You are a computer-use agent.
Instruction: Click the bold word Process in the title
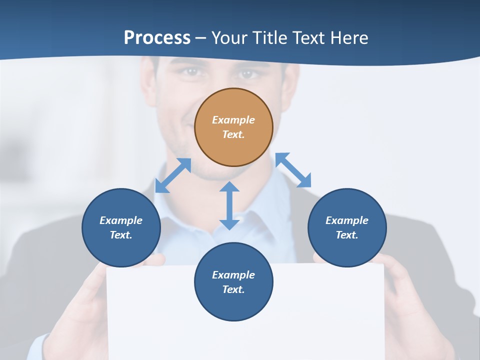[157, 37]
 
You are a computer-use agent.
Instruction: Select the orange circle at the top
[233, 127]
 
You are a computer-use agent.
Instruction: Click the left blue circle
[121, 227]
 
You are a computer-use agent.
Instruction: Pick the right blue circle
[347, 227]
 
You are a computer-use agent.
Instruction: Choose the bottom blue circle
[233, 282]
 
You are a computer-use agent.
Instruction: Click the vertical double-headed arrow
[229, 205]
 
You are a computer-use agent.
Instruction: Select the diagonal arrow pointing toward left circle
[173, 175]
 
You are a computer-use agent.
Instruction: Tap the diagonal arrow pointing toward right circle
[293, 170]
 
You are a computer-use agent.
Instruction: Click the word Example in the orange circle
[233, 120]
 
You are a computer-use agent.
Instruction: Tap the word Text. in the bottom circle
[233, 289]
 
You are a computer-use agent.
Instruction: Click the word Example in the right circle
[347, 220]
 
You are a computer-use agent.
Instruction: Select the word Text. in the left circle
[121, 235]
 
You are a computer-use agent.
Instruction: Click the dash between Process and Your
[201, 38]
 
